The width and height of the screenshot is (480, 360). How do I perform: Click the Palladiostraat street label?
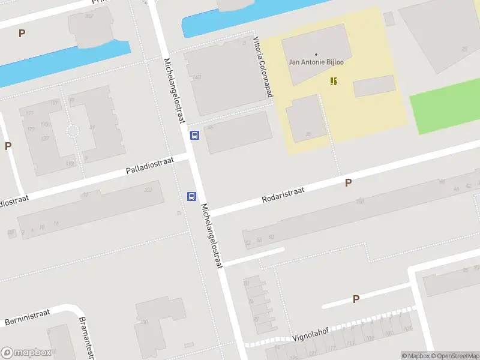tap(149, 166)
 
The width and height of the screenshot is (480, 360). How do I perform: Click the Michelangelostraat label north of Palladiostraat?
tap(173, 91)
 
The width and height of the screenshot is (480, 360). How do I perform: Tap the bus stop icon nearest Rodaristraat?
tap(192, 196)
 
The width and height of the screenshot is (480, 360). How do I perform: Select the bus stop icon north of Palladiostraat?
tap(195, 135)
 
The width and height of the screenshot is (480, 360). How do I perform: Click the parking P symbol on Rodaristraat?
tap(348, 183)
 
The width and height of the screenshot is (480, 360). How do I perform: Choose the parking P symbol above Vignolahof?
tap(356, 299)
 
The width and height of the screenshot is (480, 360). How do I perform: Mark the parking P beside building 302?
tap(22, 34)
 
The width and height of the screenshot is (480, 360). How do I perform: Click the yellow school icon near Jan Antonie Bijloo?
tap(334, 81)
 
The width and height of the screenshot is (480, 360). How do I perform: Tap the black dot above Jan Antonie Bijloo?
tap(316, 55)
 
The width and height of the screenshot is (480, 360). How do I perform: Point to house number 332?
tap(148, 190)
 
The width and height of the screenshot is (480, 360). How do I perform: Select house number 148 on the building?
tap(196, 77)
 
